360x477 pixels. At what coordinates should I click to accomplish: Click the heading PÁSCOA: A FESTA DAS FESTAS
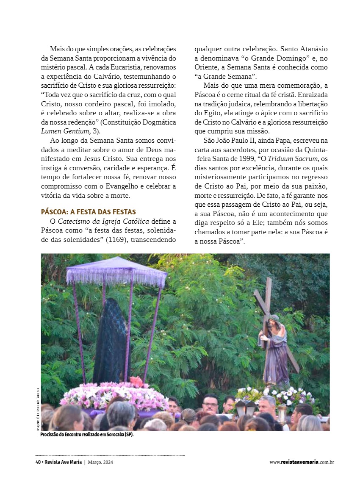point(88,212)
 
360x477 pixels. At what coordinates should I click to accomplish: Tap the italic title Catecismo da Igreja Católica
point(103,221)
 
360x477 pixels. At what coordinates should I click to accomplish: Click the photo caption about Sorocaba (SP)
point(87,435)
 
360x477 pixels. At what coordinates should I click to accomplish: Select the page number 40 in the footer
point(38,462)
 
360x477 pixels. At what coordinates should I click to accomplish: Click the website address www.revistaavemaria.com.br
point(302,462)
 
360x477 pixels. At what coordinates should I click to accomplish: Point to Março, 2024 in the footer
point(100,462)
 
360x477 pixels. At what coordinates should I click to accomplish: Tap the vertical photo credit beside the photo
point(37,409)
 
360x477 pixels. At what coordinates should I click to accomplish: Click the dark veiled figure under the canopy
point(110,339)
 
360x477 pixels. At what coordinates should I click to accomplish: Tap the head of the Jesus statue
point(274,319)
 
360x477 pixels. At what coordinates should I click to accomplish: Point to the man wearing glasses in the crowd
point(210,404)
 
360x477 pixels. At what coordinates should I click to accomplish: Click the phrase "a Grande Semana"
point(226,77)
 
